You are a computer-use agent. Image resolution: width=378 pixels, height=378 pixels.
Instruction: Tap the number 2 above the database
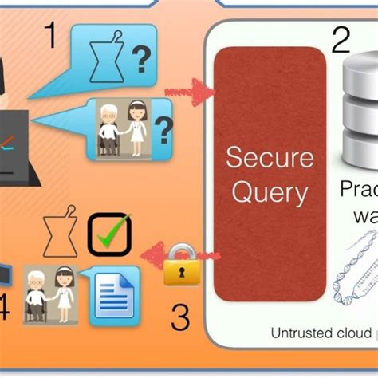point(341,39)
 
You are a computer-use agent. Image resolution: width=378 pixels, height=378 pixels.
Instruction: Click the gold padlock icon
point(183,270)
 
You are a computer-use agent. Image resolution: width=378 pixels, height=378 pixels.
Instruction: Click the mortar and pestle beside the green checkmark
point(60,235)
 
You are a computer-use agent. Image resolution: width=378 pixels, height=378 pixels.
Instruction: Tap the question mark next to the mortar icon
point(141,57)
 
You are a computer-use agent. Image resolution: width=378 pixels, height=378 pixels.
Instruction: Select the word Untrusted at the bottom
point(298,333)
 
